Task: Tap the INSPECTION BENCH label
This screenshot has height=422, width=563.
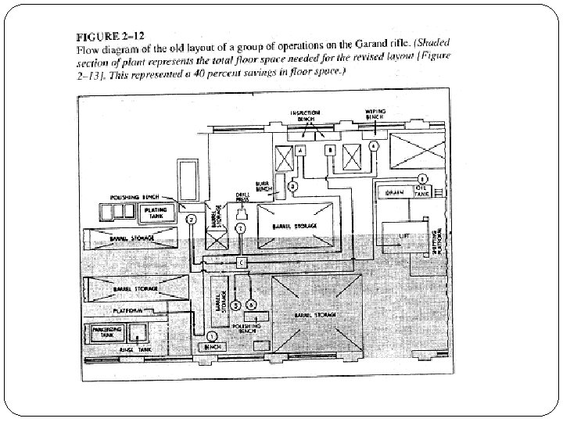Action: point(305,116)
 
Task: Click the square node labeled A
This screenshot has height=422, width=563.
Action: point(299,148)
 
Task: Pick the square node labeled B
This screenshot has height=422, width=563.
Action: point(330,148)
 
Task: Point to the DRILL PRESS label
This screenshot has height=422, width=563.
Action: point(242,198)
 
